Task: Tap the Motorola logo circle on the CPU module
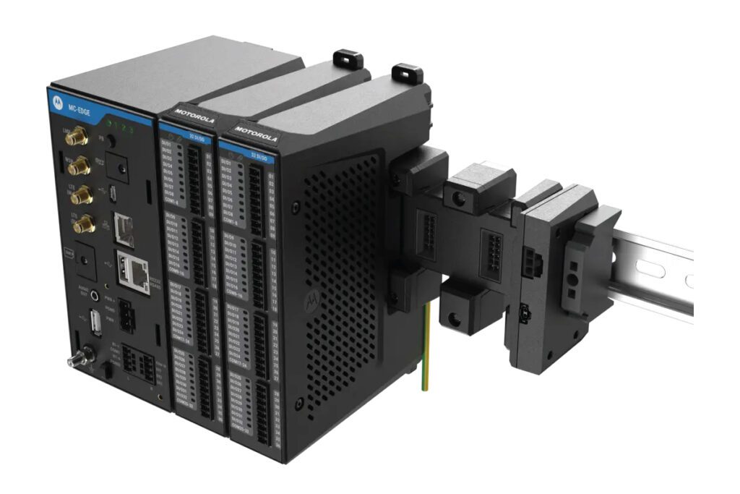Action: [59, 103]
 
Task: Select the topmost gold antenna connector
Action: [75, 137]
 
